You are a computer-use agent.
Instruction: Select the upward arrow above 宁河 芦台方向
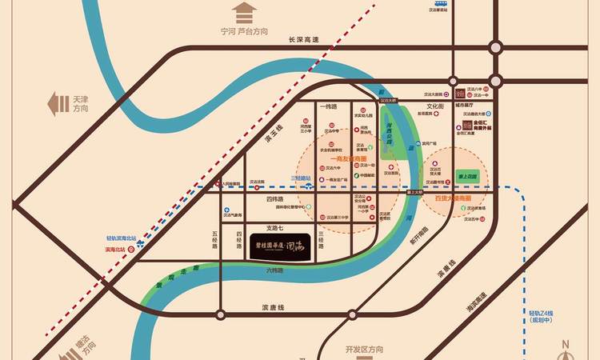click(x=244, y=13)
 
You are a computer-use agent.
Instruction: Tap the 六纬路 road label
click(x=275, y=270)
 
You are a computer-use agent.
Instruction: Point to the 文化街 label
click(x=434, y=106)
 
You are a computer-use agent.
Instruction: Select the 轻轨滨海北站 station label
click(x=122, y=238)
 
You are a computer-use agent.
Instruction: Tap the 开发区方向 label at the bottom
click(x=365, y=350)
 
